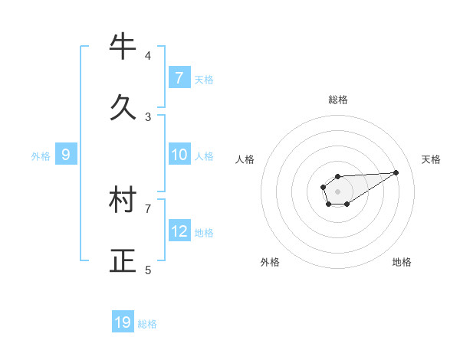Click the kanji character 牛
(123, 47)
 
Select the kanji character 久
(123, 107)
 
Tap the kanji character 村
(123, 201)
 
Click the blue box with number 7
(179, 78)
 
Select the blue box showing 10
(179, 155)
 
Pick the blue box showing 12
(179, 231)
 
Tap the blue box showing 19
(123, 322)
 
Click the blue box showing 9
(66, 155)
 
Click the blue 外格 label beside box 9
(41, 156)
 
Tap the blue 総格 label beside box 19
(147, 324)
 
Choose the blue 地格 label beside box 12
(204, 233)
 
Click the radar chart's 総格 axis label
(338, 100)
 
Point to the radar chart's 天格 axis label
(432, 159)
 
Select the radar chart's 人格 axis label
(245, 159)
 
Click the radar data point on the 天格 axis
(396, 172)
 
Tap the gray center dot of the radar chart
(338, 190)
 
